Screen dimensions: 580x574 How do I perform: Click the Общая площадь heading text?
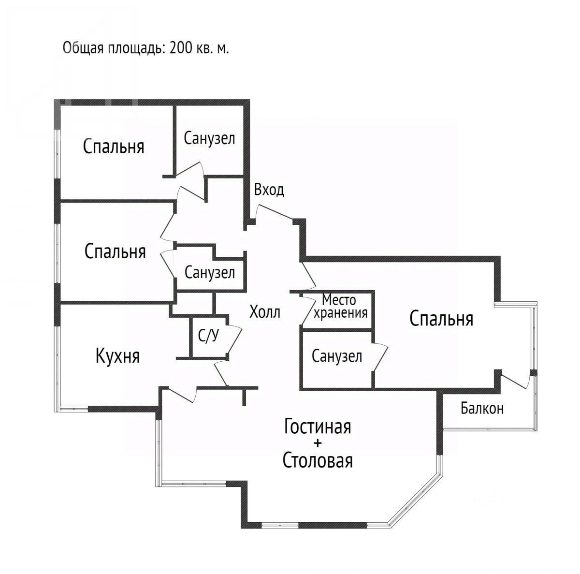(145, 49)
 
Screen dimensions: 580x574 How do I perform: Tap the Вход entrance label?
(269, 190)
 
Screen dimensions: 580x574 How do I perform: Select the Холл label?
(264, 312)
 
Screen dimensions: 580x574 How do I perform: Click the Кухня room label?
(118, 356)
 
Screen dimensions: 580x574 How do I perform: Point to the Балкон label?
(482, 409)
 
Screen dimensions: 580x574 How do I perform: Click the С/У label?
(208, 336)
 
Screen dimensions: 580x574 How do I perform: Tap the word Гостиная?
(317, 427)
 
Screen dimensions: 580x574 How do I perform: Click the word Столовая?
(318, 461)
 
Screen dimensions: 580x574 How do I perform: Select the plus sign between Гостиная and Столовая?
(318, 443)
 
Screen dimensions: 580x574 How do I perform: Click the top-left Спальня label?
(114, 146)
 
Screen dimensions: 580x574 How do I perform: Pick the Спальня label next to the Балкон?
(441, 319)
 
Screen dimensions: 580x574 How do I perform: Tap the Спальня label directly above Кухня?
(115, 251)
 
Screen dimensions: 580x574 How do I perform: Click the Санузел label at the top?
(209, 139)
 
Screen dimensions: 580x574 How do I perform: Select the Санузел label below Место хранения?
(337, 357)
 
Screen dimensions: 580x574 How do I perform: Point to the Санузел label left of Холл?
(210, 273)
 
